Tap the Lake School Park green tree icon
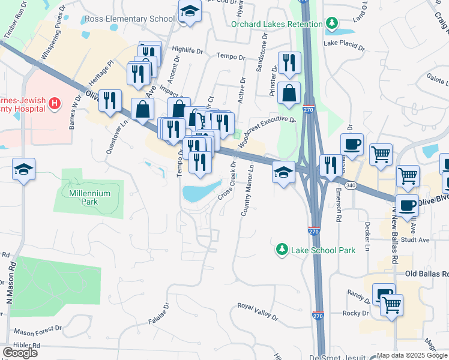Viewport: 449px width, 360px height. [281, 249]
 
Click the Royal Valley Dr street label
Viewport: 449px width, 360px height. [258, 311]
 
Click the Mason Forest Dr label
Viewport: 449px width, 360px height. [38, 331]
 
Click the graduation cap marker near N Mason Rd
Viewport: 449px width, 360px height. [23, 170]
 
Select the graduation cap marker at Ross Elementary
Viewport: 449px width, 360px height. [190, 12]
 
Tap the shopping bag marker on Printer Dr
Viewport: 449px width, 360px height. [289, 94]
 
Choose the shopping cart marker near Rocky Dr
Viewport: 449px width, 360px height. [391, 305]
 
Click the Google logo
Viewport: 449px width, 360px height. [20, 353]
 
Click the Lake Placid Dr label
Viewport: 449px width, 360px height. [344, 44]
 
